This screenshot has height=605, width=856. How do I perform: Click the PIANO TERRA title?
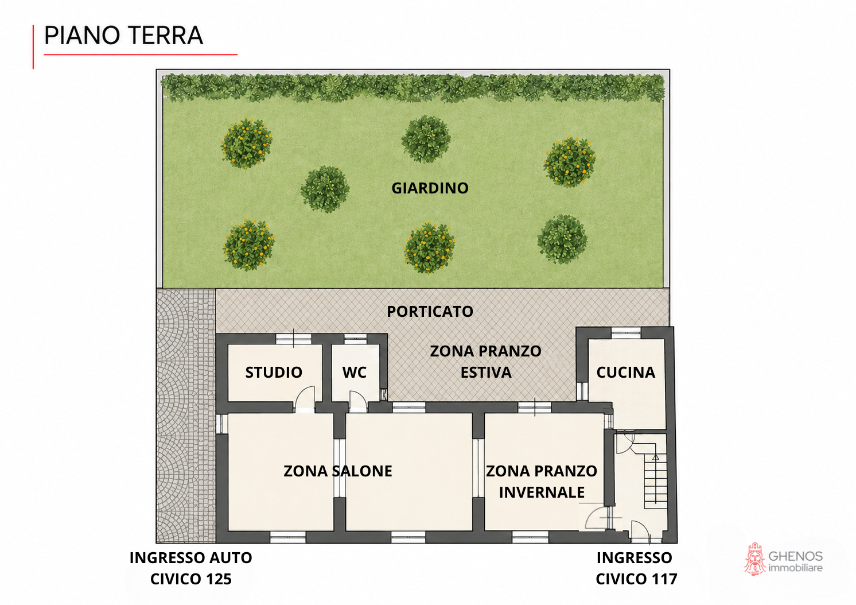123,36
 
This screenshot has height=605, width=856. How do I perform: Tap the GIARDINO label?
430,188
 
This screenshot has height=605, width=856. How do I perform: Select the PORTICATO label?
430,312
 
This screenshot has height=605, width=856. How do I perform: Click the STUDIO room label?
274,373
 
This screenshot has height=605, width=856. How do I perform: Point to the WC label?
354,373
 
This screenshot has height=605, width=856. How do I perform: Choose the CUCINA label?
625,373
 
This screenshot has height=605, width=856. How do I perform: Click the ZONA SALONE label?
338,471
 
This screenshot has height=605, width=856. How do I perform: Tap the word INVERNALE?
542,492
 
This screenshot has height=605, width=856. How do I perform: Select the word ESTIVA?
486,373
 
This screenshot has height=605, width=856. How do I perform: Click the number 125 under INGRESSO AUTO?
219,579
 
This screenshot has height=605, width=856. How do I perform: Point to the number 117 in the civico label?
664,579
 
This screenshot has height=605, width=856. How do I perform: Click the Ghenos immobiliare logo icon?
754,559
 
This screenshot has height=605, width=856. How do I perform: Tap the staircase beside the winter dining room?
656,481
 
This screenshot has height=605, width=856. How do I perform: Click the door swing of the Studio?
305,400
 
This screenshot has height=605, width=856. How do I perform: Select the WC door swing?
357,402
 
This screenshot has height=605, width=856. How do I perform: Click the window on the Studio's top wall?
294,339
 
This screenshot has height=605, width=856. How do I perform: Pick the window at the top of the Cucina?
626,333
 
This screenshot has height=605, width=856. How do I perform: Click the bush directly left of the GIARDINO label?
325,189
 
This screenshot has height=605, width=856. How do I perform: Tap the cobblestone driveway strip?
186,416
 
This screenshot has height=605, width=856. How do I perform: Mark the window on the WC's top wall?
355,338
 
